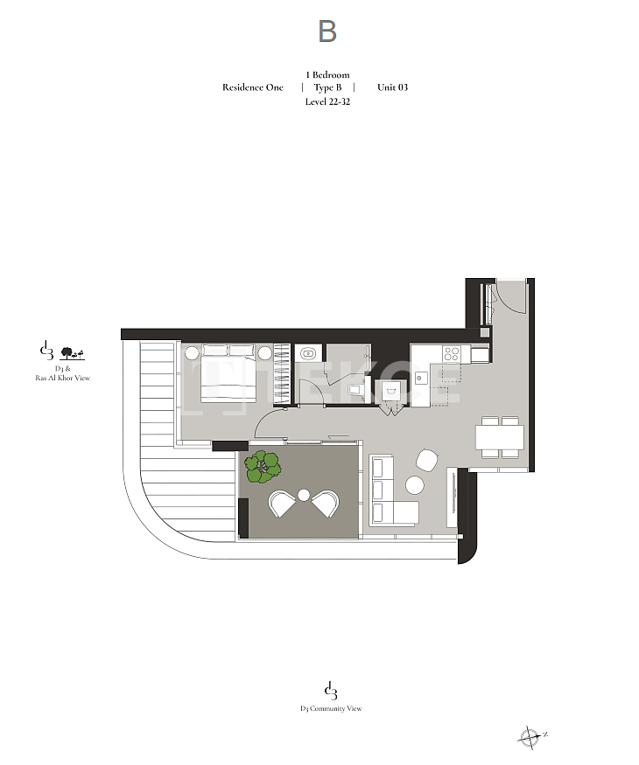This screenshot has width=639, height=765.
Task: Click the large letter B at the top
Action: point(327,31)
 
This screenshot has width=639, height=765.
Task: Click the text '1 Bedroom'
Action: point(327,74)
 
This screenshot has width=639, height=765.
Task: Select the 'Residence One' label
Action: point(253,87)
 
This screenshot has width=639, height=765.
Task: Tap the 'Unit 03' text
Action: point(392,87)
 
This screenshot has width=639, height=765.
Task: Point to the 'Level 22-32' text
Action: point(327,101)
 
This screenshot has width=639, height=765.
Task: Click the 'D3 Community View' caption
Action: point(331,708)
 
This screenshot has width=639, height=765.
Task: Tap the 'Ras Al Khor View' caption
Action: point(62,378)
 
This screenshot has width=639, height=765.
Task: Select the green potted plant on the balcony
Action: point(263,467)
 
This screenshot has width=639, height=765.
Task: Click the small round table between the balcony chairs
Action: point(304,495)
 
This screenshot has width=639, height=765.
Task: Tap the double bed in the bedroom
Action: point(229,372)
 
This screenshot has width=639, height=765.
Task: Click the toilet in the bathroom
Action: point(355,389)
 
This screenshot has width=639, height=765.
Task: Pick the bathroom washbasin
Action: point(308,352)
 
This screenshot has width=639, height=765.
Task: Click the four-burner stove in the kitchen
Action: point(451,354)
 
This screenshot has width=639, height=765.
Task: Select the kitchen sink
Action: point(421,377)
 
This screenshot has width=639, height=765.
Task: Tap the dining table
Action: point(500,437)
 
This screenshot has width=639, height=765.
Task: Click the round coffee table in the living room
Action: point(414,485)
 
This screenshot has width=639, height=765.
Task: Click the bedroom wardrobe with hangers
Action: point(281,374)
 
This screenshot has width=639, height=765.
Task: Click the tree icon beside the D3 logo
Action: point(72,353)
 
